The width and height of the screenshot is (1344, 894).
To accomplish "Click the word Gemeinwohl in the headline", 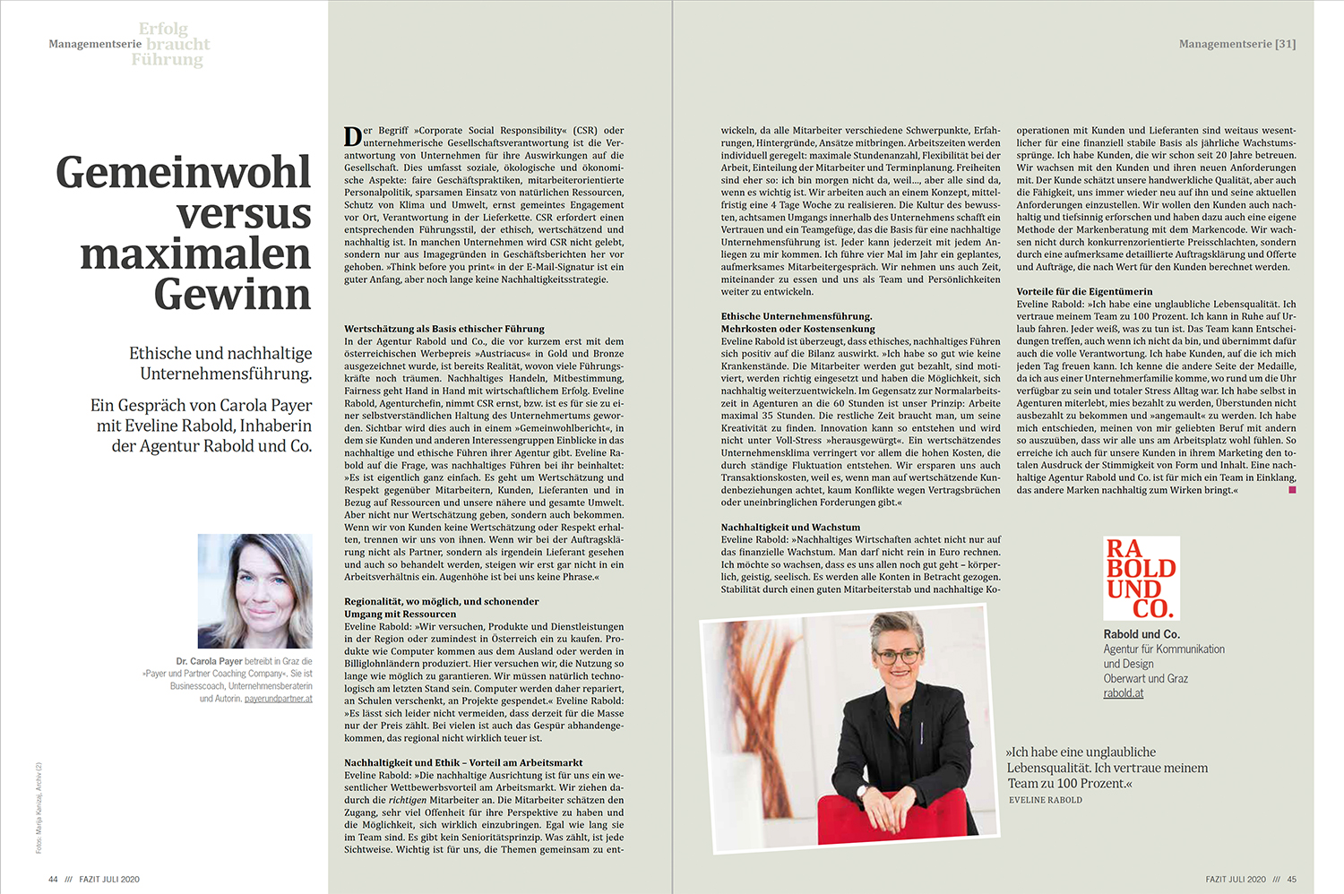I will pyautogui.click(x=183, y=173).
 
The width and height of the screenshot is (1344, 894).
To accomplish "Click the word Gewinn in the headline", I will pyautogui.click(x=232, y=295).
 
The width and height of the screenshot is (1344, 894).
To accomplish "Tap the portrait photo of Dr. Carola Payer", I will pyautogui.click(x=254, y=591).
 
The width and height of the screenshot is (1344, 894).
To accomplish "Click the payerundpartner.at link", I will pyautogui.click(x=278, y=699).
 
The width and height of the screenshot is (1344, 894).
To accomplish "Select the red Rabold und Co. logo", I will pyautogui.click(x=1141, y=579).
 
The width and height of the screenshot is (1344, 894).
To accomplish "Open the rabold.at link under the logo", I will pyautogui.click(x=1123, y=692).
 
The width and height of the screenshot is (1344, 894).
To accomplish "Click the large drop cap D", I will pyautogui.click(x=352, y=137).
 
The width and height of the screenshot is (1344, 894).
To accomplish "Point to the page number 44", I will pyautogui.click(x=53, y=879).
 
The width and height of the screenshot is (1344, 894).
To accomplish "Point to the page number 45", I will pyautogui.click(x=1291, y=879).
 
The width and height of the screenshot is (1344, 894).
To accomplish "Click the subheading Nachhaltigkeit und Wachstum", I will pyautogui.click(x=790, y=528).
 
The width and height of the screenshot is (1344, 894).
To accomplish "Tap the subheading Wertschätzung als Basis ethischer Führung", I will pyautogui.click(x=444, y=329).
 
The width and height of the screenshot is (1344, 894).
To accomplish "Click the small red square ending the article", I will pyautogui.click(x=1291, y=490).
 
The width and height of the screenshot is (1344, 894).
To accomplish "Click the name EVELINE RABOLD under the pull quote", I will pyautogui.click(x=1045, y=800).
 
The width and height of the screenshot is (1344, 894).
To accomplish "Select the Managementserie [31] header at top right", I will pyautogui.click(x=1236, y=44).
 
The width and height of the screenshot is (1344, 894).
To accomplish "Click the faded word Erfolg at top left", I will pyautogui.click(x=163, y=30).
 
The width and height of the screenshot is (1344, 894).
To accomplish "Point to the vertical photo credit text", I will pyautogui.click(x=39, y=806).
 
